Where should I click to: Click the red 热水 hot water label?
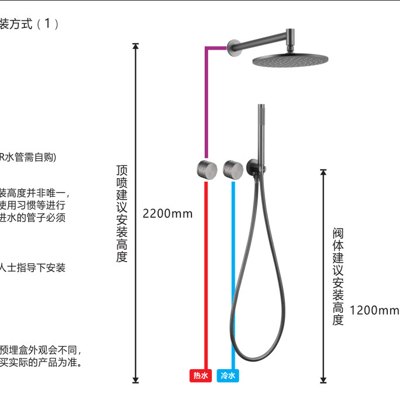click(x=200, y=375)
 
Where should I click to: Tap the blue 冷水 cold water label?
click(x=228, y=375)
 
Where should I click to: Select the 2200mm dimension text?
click(x=168, y=213)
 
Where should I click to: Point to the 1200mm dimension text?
click(x=374, y=309)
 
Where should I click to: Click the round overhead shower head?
click(x=290, y=60)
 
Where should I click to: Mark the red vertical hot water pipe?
click(x=206, y=274)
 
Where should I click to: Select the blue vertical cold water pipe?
click(x=234, y=274)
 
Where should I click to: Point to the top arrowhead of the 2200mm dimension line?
click(x=136, y=46)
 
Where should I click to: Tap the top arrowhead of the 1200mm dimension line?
click(x=324, y=172)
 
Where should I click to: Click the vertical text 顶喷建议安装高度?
click(x=122, y=213)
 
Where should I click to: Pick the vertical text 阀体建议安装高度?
click(x=338, y=276)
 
